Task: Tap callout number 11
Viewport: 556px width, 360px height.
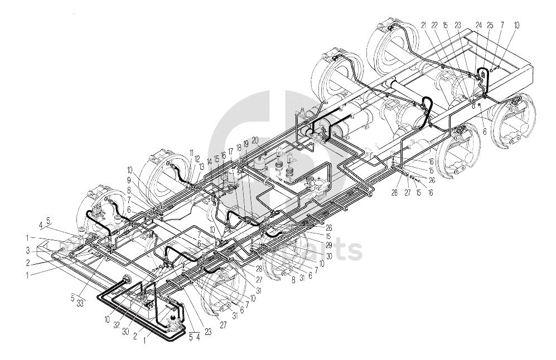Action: coord(191,152)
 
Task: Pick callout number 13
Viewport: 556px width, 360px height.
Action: coord(201,167)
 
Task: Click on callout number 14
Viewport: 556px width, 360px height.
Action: coord(209,161)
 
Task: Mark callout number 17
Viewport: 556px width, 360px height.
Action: coord(230,152)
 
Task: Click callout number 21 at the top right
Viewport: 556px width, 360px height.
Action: coord(423,25)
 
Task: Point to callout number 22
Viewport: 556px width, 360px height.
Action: coord(434,25)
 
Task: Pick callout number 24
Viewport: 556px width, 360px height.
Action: coord(478,25)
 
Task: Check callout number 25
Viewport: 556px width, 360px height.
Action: coord(490,25)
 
